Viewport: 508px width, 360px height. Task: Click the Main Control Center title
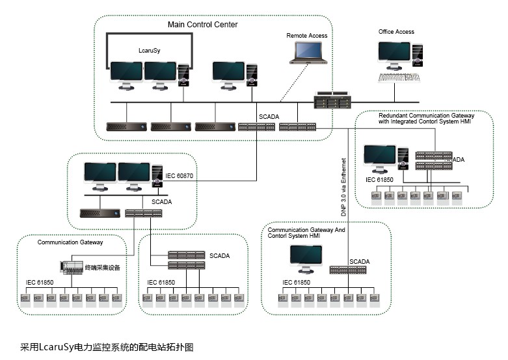point(202,25)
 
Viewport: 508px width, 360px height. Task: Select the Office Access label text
point(396,31)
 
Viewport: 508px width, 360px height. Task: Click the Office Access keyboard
point(399,77)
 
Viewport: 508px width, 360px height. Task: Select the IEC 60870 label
point(180,175)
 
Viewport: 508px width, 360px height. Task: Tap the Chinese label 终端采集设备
point(102,267)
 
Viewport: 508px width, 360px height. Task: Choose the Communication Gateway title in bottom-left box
point(70,242)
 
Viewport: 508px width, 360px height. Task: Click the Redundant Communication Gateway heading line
point(427,115)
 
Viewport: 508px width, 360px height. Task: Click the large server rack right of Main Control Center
point(332,101)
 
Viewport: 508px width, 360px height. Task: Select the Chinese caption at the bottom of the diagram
point(107,347)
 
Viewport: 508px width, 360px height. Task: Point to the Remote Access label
point(307,36)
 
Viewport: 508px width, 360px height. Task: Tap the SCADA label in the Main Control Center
point(269,117)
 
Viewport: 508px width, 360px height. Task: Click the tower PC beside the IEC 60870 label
point(157,176)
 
